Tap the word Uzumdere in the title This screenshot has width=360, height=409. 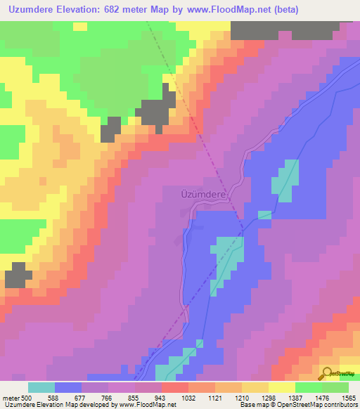tap(33, 10)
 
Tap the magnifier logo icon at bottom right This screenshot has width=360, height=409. tap(326, 375)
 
